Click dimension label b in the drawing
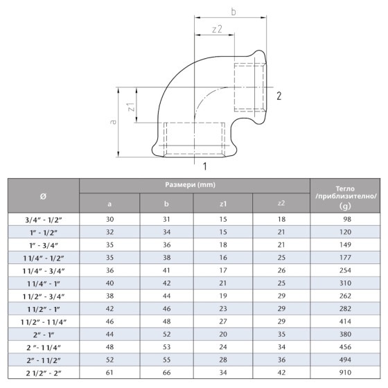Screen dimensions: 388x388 [233, 12]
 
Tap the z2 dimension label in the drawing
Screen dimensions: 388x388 [217, 30]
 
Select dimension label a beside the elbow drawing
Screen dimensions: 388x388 [112, 121]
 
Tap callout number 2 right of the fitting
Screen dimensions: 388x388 [278, 96]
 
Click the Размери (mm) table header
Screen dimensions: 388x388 [194, 186]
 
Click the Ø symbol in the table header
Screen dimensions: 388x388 [44, 195]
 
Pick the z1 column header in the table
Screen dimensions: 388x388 [223, 203]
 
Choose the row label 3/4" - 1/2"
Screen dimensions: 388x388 [44, 218]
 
